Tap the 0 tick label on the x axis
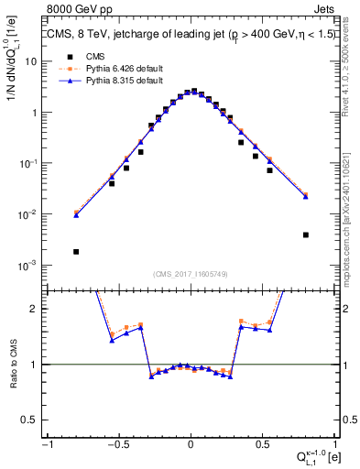tap(190, 444)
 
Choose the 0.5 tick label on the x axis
tap(262, 444)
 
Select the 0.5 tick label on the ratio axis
tap(30, 420)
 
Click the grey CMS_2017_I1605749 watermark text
tap(191, 275)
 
